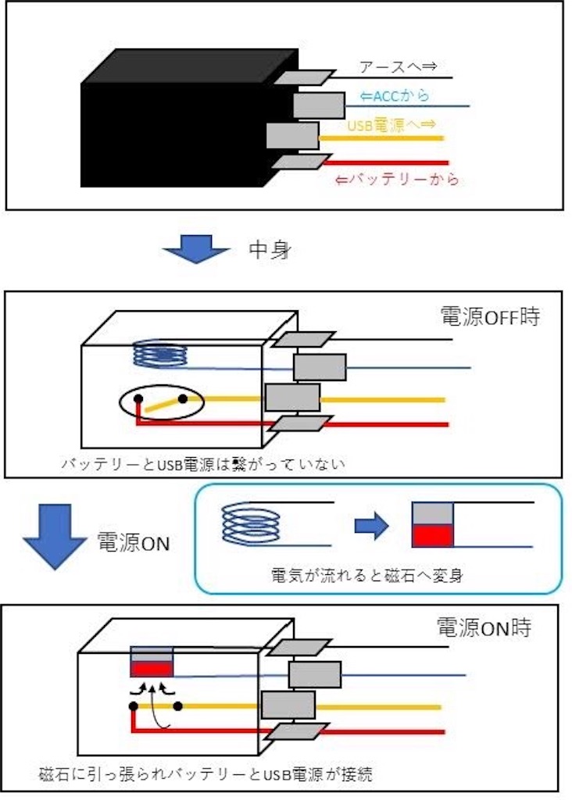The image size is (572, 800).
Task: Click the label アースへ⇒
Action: [398, 66]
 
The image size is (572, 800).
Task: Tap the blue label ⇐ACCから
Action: [395, 96]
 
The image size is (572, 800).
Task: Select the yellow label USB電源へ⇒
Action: [391, 125]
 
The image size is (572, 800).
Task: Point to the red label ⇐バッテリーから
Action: [398, 180]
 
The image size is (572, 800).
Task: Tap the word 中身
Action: [270, 249]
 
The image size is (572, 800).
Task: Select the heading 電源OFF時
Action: [490, 316]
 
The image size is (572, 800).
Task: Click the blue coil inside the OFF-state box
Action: [159, 354]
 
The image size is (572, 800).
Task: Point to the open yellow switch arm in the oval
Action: [163, 405]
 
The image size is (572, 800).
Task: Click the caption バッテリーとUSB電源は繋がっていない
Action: [203, 464]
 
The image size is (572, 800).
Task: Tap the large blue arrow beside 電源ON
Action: [55, 537]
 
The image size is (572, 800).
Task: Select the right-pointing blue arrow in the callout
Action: [371, 524]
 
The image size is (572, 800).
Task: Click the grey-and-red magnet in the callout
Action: [433, 525]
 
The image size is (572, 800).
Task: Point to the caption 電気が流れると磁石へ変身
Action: [366, 576]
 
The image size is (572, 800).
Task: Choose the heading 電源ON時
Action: [484, 627]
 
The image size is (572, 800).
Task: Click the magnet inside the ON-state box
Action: [152, 662]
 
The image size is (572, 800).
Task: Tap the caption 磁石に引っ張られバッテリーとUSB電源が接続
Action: [206, 774]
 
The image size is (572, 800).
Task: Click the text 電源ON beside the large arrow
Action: [133, 542]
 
